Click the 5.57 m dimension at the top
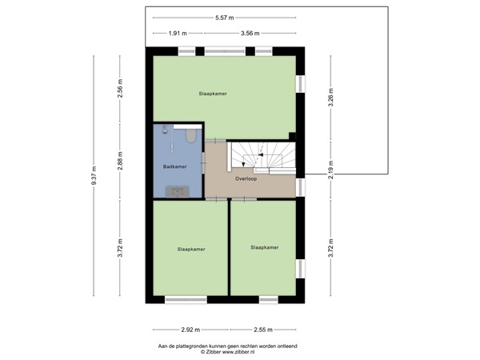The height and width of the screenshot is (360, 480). coord(225,18)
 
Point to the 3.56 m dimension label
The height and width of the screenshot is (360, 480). coord(251,34)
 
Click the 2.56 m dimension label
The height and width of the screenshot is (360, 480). coord(120,86)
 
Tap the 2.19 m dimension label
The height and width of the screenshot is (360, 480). coord(330,170)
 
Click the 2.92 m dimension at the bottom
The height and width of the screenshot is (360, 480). coord(189,330)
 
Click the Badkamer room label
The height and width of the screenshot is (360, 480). coord(174,167)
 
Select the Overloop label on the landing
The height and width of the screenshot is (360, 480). coord(246,178)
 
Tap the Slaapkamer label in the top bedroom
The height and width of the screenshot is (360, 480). coord(213,94)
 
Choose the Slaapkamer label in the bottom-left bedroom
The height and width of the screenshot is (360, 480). coord(191,249)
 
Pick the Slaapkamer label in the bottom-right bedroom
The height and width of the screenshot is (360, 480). coord(264,248)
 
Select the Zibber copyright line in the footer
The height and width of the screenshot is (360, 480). coord(227,351)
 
